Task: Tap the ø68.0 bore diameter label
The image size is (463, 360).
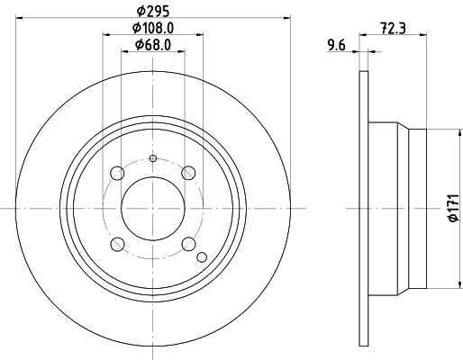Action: (153, 45)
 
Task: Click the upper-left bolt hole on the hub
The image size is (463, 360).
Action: (117, 173)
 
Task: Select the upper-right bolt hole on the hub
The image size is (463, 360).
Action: (187, 173)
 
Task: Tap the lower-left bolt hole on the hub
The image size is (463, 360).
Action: (117, 243)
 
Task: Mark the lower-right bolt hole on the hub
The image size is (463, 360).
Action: (187, 243)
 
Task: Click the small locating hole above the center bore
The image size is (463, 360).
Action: (152, 159)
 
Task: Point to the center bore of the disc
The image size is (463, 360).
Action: (152, 208)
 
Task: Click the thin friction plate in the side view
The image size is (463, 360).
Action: (364, 208)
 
